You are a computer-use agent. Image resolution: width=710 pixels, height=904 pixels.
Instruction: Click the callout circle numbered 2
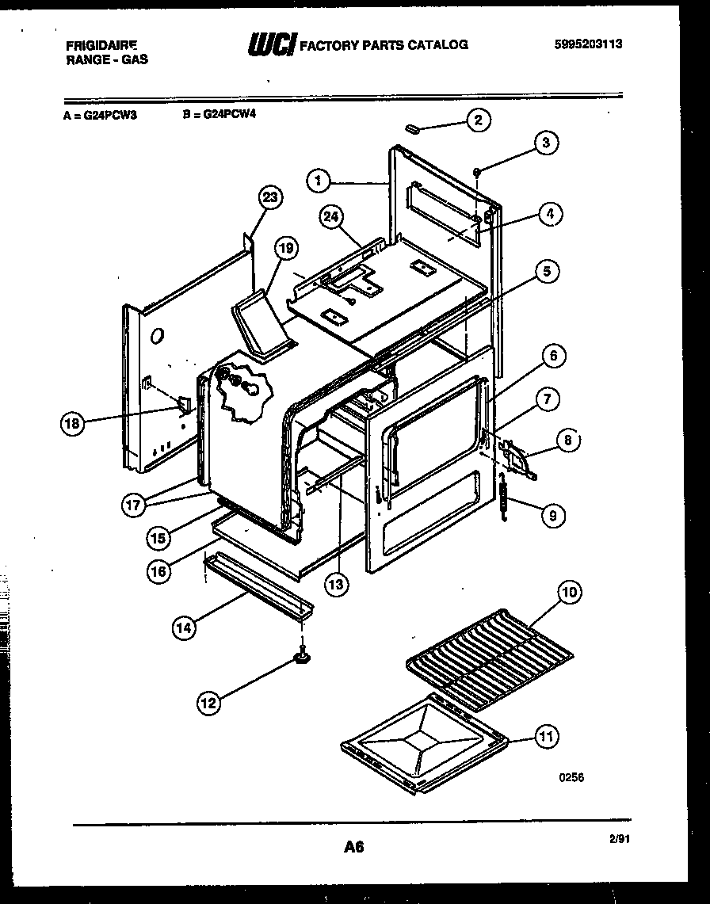pyautogui.click(x=478, y=120)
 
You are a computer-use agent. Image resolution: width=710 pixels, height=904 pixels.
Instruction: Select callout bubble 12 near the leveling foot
pyautogui.click(x=209, y=702)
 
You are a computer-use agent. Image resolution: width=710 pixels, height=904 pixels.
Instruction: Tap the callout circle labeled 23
pyautogui.click(x=270, y=198)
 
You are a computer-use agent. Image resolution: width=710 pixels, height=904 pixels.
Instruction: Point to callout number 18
pyautogui.click(x=72, y=424)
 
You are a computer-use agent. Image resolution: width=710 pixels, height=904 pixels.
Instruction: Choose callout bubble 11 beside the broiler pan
pyautogui.click(x=546, y=737)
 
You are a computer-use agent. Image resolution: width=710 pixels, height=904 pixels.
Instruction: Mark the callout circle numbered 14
pyautogui.click(x=183, y=627)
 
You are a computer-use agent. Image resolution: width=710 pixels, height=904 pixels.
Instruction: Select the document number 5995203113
pyautogui.click(x=588, y=44)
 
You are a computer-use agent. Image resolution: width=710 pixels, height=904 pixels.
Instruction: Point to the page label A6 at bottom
pyautogui.click(x=353, y=848)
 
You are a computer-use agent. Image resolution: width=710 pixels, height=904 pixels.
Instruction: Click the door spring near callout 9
pyautogui.click(x=502, y=502)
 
